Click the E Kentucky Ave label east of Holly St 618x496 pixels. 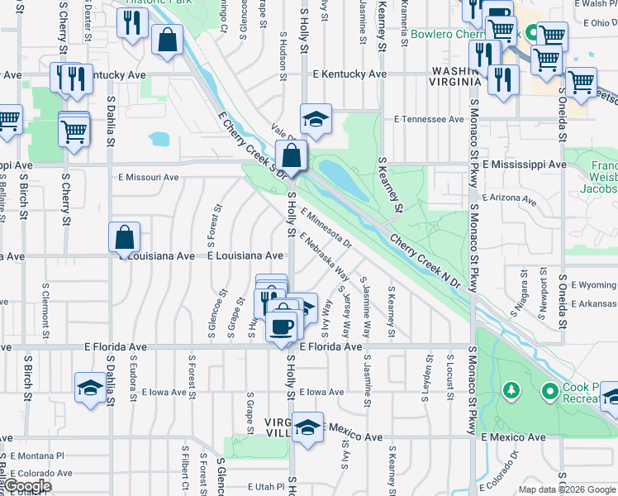[349, 74]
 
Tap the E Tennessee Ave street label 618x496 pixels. [429, 119]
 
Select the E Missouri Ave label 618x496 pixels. [148, 177]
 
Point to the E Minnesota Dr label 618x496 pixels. [326, 228]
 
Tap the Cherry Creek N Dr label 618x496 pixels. [425, 260]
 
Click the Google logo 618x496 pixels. [26, 486]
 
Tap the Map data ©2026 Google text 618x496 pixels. [566, 489]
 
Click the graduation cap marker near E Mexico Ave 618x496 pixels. [307, 427]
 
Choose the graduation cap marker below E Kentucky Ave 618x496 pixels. [315, 119]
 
